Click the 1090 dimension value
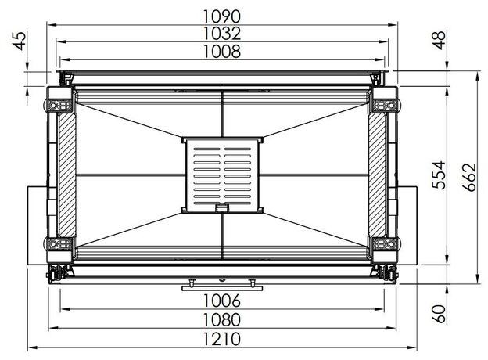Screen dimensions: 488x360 222,16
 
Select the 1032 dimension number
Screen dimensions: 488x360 222,34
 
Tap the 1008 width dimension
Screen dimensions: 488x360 222,52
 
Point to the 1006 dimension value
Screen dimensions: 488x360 222,301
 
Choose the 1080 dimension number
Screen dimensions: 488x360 222,320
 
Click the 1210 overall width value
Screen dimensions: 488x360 222,339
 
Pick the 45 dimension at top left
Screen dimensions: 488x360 20,41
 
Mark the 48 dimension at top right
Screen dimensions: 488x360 440,40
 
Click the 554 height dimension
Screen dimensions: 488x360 440,175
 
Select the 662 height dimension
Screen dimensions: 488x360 470,177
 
